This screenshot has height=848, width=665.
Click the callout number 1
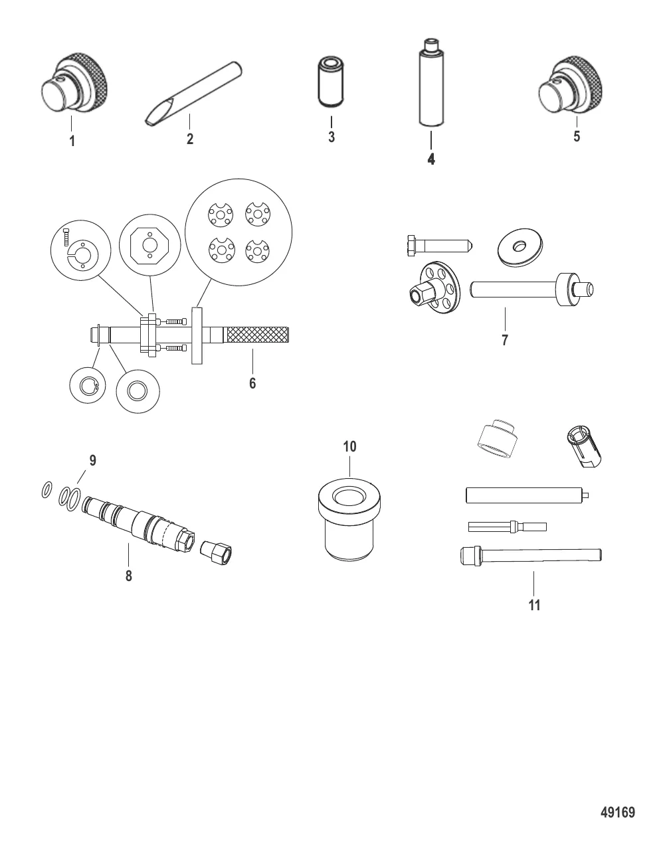(x=72, y=141)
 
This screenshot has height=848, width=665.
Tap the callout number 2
(x=189, y=139)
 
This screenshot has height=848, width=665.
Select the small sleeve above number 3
(x=332, y=82)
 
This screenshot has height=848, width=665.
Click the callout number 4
(x=431, y=159)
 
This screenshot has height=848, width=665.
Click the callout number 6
(x=252, y=383)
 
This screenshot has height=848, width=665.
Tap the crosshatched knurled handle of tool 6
(x=258, y=335)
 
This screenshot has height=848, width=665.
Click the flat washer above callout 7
(x=521, y=248)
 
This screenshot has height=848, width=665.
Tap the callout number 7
(x=505, y=340)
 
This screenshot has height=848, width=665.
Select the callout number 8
(x=129, y=576)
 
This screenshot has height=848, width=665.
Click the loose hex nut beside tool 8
(x=216, y=552)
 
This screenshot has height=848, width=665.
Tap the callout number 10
(x=349, y=446)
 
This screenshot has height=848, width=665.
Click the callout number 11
(x=534, y=605)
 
